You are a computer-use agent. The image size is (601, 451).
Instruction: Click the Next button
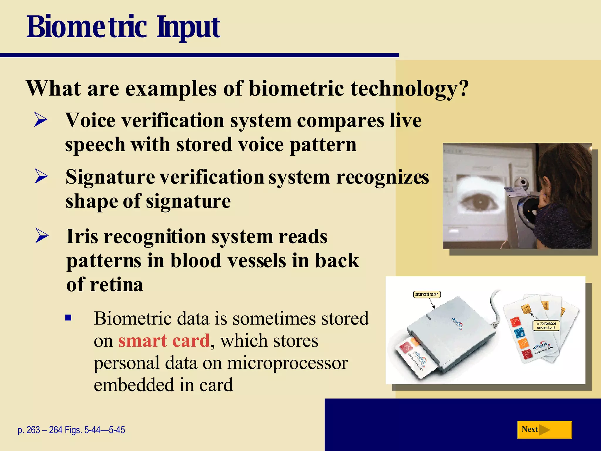coord(544,430)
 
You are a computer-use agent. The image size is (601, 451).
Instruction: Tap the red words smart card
coord(164,341)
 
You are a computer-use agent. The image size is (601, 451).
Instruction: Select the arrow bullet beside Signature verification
coord(41,176)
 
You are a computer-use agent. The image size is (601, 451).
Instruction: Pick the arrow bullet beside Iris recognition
coord(42,236)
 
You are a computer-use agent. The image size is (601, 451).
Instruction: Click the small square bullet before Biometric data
coord(68,317)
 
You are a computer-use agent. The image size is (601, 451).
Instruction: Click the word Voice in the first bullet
coord(90,120)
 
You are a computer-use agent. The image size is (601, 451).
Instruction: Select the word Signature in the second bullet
coord(110,177)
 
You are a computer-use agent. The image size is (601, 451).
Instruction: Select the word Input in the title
coord(188,28)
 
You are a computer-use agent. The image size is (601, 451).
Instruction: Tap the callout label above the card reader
coord(427,294)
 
